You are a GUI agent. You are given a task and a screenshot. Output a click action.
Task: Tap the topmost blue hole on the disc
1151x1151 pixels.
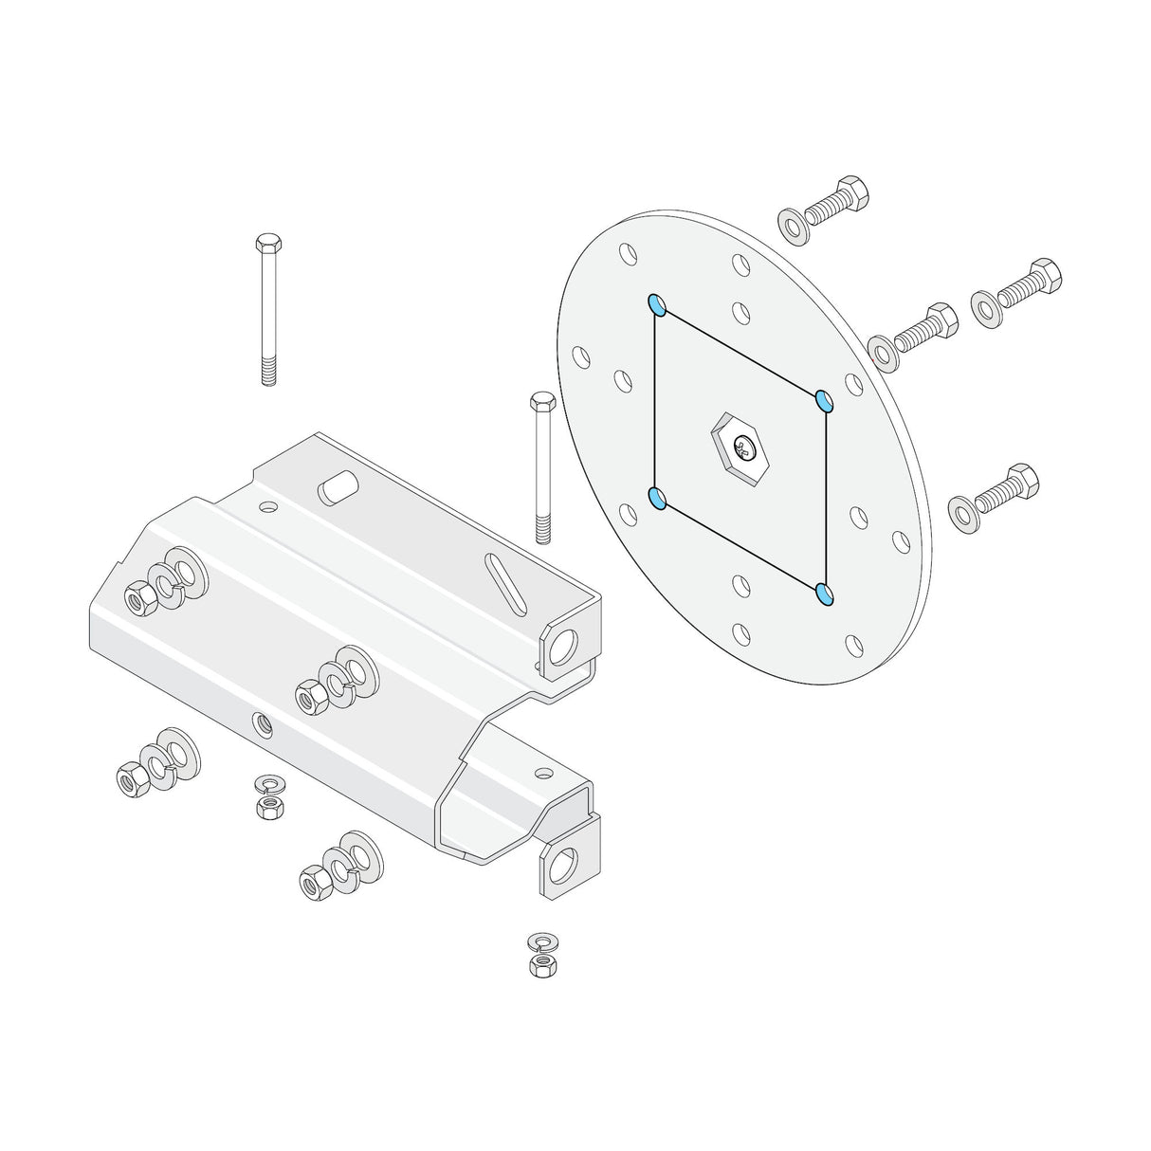pyautogui.click(x=656, y=304)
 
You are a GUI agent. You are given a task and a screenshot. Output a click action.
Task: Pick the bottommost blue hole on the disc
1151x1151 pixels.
pyautogui.click(x=825, y=594)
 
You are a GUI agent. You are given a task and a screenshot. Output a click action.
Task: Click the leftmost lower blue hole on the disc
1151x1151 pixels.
pyautogui.click(x=656, y=498)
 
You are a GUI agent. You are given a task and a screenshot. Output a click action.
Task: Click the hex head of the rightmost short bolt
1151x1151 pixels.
pyautogui.click(x=1045, y=272)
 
